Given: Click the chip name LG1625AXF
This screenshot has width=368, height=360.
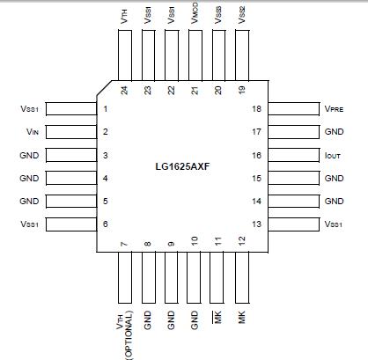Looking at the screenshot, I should point(185,165).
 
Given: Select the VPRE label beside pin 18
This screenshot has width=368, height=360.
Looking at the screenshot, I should point(334,109).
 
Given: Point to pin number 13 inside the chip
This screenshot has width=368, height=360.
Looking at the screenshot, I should point(255,224).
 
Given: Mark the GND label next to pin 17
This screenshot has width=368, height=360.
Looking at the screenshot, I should point(335,132).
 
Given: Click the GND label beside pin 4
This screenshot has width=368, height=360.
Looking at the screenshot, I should point(28,178).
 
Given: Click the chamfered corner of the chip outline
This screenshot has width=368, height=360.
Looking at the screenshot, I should point(105,90).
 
